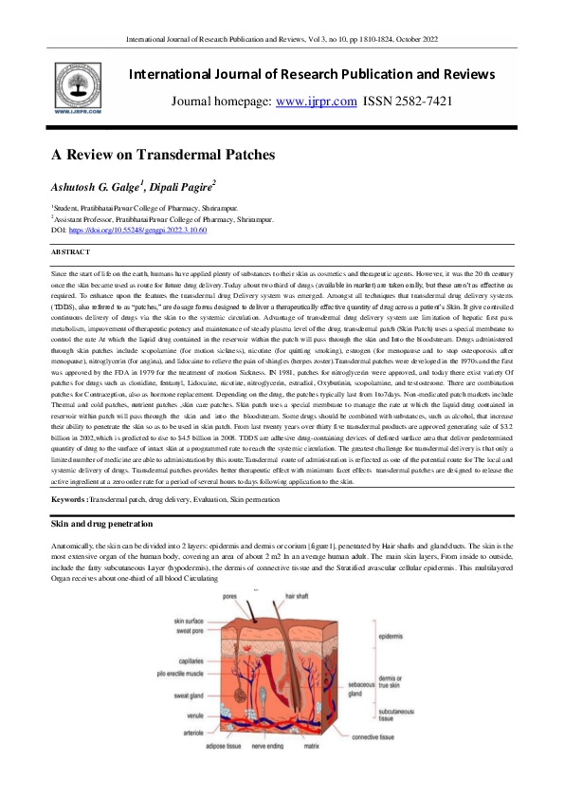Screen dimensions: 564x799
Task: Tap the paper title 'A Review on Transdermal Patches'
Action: click(x=163, y=155)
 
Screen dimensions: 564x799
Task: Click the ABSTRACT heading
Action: click(x=71, y=251)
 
